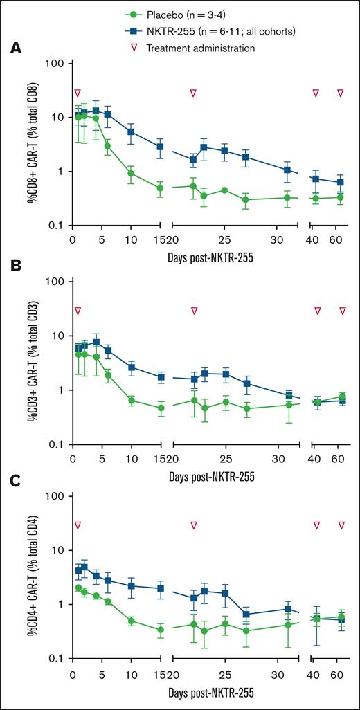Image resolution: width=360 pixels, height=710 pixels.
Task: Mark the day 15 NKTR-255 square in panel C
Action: tap(160, 588)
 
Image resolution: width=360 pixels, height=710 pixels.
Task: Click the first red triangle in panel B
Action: tap(78, 311)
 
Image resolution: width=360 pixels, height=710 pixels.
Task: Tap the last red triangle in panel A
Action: tap(341, 93)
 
